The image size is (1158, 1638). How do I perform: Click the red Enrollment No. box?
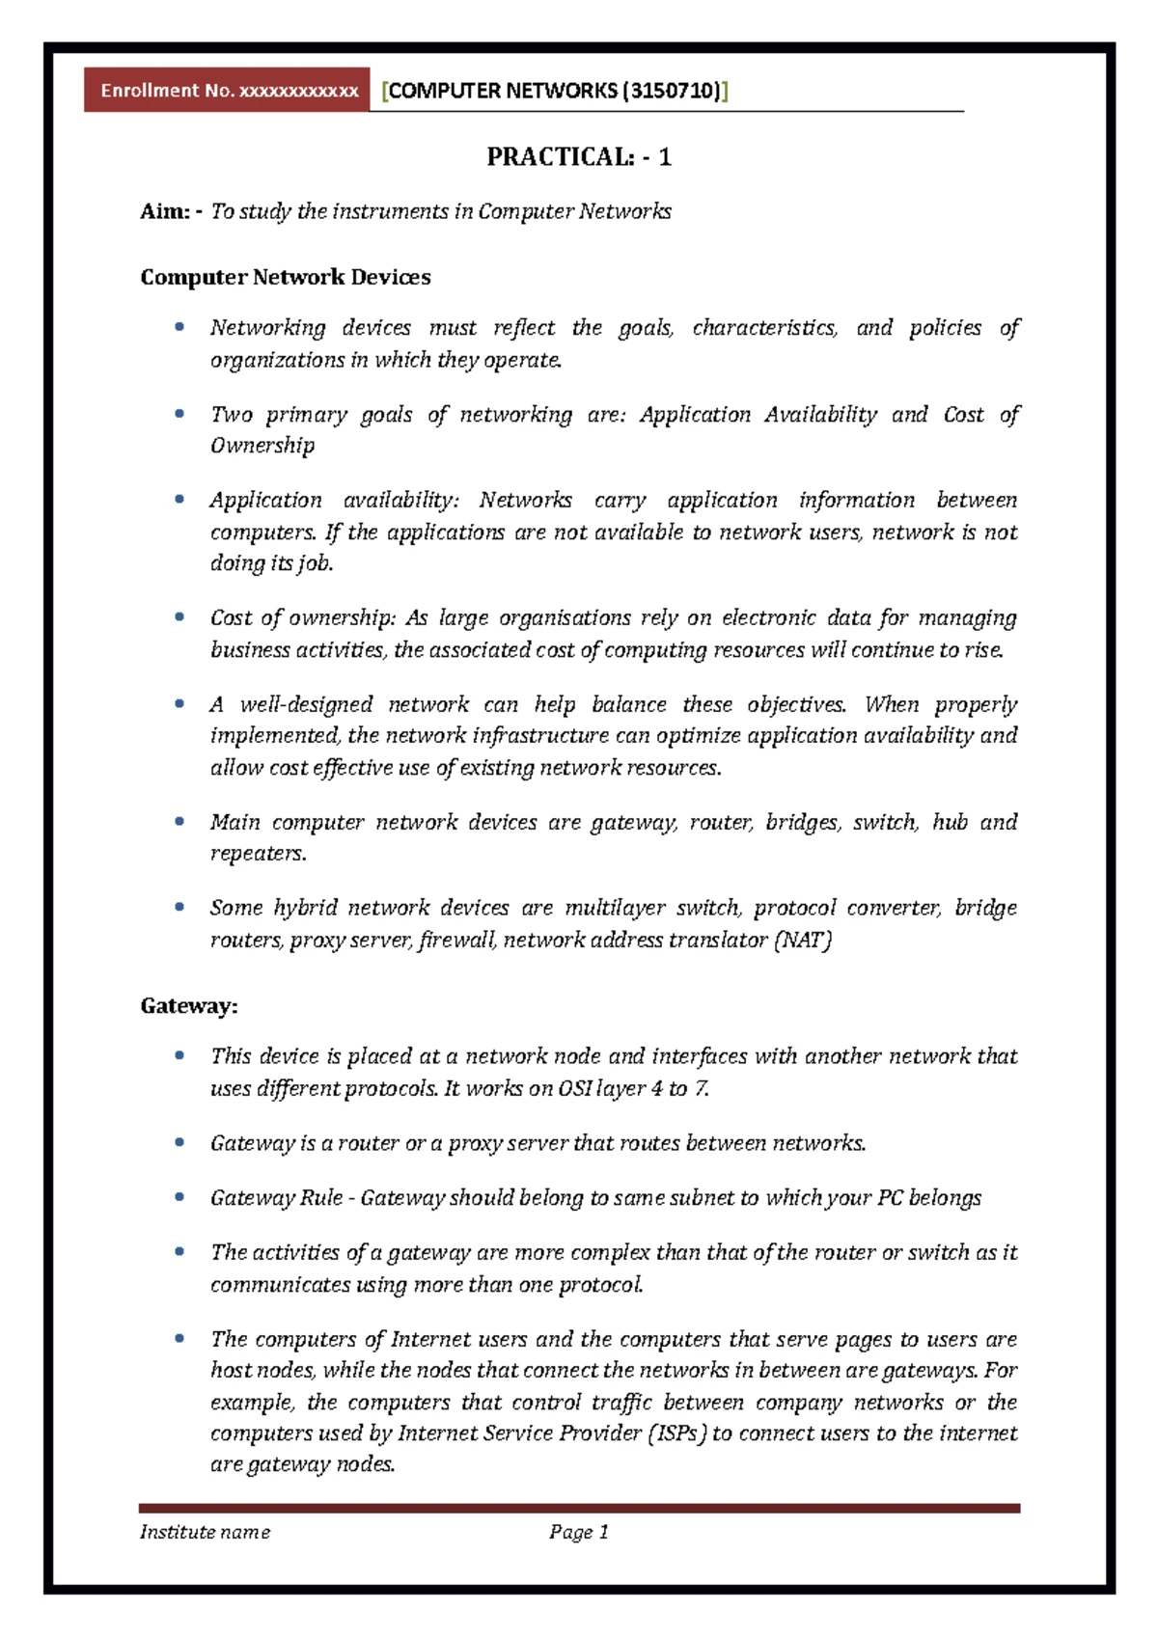click(x=228, y=91)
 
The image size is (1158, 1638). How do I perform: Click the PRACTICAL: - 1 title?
click(x=578, y=157)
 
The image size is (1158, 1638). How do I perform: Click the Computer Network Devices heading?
click(x=285, y=278)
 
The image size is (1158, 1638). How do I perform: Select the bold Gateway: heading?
click(x=189, y=1006)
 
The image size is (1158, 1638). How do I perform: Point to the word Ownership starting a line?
click(x=262, y=446)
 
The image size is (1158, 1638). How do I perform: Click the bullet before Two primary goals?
click(x=179, y=414)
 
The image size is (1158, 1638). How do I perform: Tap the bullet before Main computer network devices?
click(x=179, y=822)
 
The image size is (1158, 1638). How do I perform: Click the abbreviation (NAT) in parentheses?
click(x=803, y=941)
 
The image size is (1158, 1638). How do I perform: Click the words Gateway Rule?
click(x=276, y=1198)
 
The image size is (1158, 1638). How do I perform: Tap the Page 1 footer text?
click(x=579, y=1533)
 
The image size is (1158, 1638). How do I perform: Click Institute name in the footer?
click(x=205, y=1533)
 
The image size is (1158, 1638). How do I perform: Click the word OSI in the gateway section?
click(x=575, y=1089)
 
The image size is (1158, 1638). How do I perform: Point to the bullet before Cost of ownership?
click(x=179, y=617)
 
